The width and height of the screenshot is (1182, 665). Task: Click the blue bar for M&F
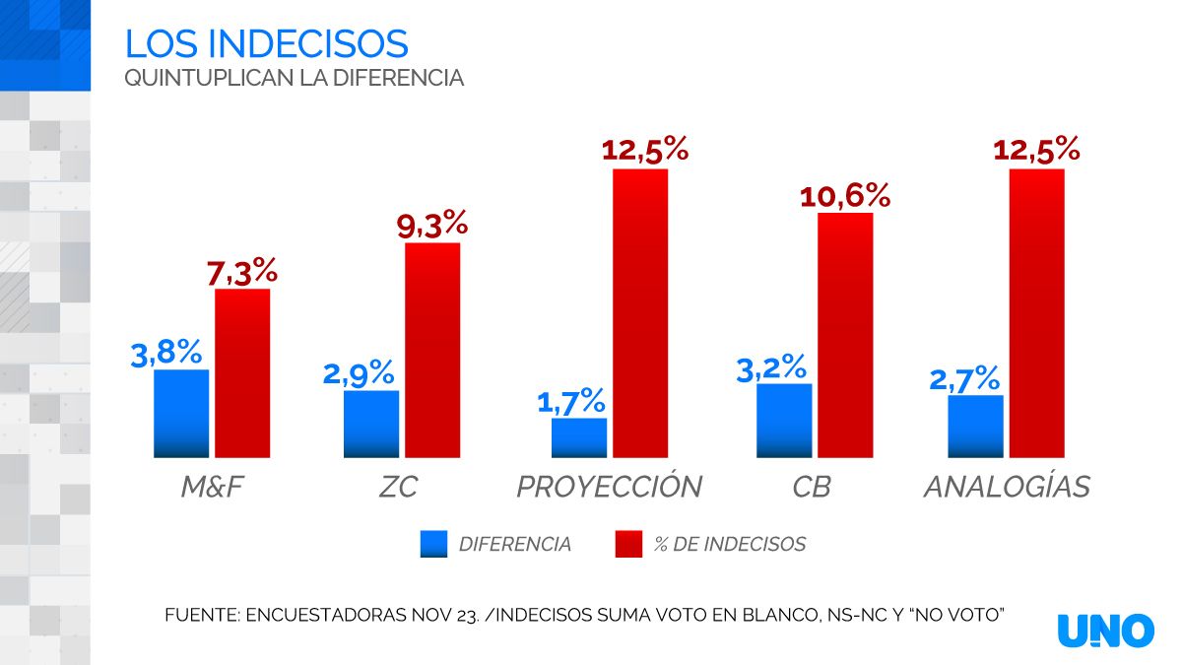[181, 414]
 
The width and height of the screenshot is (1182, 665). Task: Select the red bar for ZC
[432, 350]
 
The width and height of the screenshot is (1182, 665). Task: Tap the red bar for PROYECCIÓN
[640, 313]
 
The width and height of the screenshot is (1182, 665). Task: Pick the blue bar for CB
[784, 421]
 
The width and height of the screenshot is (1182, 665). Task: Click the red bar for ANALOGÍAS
[1037, 313]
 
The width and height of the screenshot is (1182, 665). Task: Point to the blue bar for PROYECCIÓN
[579, 437]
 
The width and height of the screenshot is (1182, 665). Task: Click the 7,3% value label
[242, 271]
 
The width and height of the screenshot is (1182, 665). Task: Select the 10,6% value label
[845, 195]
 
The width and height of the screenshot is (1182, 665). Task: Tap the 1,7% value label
[571, 401]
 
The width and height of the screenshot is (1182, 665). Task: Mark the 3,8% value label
[166, 353]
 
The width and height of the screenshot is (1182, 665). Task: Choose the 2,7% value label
[964, 378]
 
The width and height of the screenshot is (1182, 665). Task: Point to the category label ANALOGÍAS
[1007, 487]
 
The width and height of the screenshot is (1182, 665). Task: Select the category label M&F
[211, 487]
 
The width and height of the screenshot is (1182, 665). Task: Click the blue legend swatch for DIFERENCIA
[433, 544]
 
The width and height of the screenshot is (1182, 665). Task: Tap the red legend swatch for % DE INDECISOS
[628, 544]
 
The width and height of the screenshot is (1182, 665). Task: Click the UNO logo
[1106, 631]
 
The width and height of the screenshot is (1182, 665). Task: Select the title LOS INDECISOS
[266, 43]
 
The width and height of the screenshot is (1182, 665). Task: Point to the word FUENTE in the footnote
[199, 615]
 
